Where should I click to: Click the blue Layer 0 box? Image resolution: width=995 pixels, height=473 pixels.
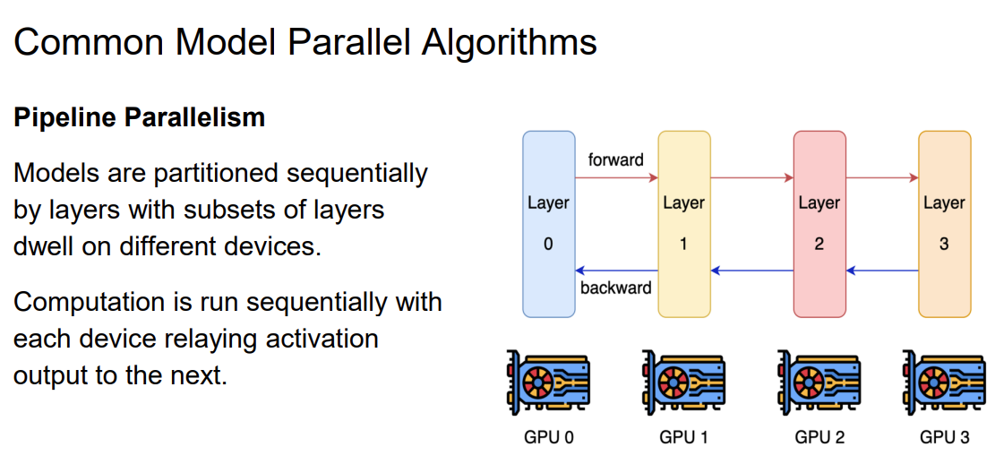click(x=548, y=224)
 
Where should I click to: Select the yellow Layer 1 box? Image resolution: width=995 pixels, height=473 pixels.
click(x=683, y=224)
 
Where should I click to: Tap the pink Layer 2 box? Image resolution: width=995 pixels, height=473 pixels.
click(x=819, y=224)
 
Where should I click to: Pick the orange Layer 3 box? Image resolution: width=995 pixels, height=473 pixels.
click(x=944, y=224)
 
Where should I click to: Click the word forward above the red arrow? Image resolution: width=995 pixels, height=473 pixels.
click(x=615, y=160)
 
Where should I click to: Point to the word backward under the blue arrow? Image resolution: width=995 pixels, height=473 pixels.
click(x=615, y=288)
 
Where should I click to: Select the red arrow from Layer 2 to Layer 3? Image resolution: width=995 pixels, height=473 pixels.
click(x=881, y=178)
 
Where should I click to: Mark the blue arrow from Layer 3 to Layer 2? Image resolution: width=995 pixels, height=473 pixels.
click(x=881, y=270)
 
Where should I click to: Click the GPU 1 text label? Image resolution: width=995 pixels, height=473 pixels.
click(x=683, y=438)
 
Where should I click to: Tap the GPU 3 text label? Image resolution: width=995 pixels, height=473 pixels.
click(x=944, y=438)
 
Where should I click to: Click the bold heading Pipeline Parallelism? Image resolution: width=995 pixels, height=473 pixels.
click(x=139, y=117)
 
